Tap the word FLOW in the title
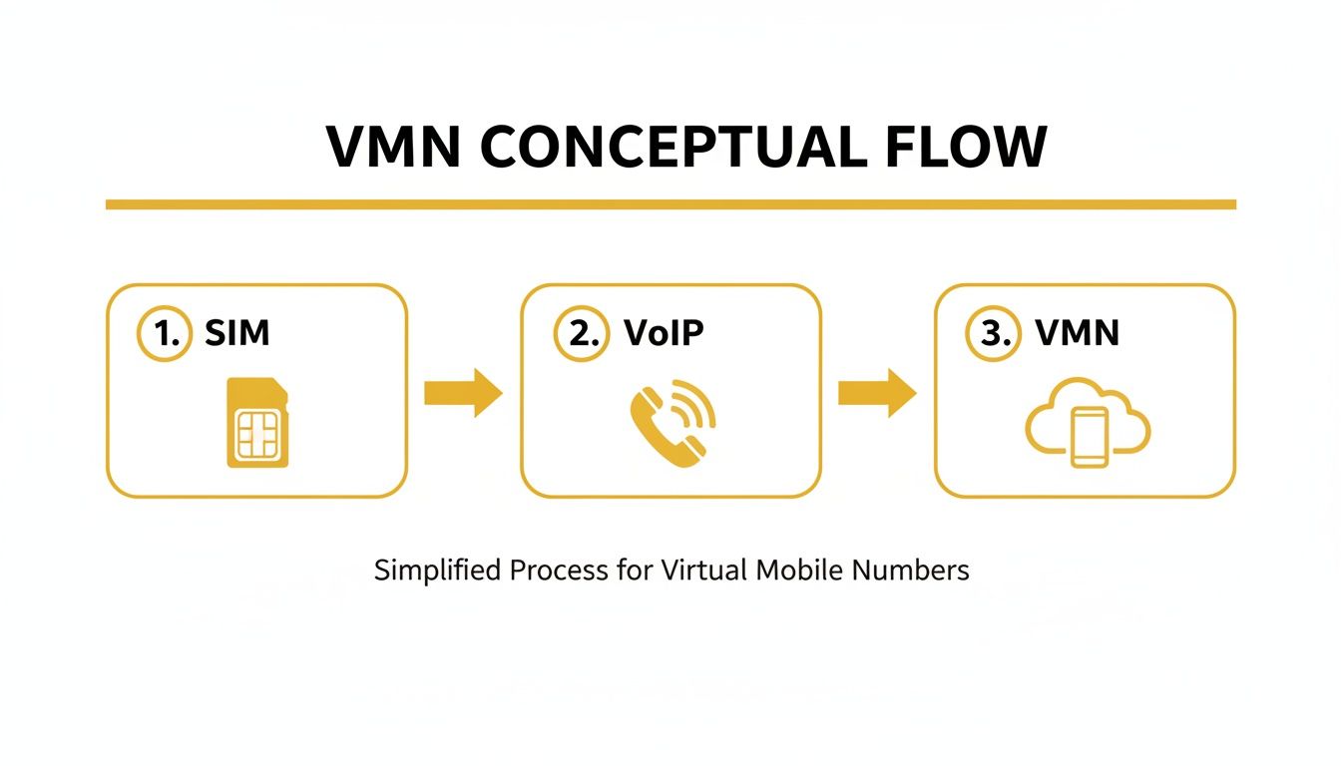point(965,148)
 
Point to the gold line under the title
point(670,204)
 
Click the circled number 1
point(163,334)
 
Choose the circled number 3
point(993,334)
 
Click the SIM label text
point(237,333)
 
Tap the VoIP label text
point(664,333)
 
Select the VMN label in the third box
point(1078,333)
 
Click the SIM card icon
point(257,423)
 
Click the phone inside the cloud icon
point(1088,436)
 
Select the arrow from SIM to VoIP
point(463,392)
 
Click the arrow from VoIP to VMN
point(876,392)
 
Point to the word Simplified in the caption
point(438,572)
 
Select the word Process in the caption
point(559,571)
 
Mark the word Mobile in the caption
point(799,571)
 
